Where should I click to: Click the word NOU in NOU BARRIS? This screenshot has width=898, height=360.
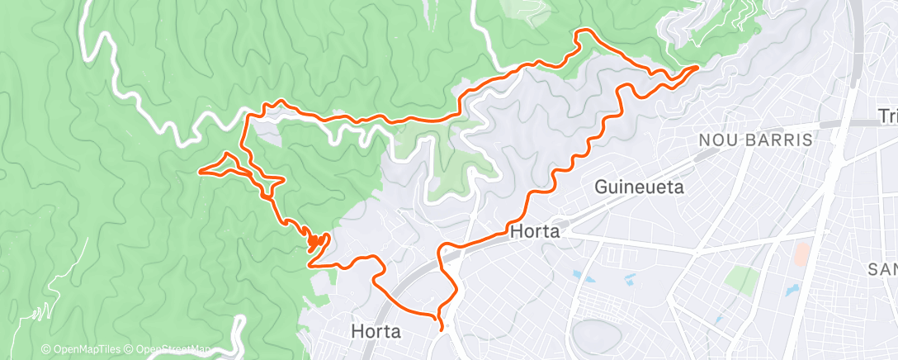point(716,140)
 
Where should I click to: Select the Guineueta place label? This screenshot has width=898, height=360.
point(640,188)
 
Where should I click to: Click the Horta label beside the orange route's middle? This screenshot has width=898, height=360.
point(535,232)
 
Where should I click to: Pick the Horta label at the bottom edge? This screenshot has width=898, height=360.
point(376,332)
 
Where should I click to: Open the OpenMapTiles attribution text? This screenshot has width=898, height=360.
point(86,350)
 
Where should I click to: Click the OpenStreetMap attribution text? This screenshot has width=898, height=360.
point(170,350)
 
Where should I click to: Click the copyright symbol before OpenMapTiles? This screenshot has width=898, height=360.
point(46,350)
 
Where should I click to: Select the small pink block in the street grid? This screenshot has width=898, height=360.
point(800,253)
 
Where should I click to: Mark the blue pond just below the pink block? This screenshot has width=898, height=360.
point(792,291)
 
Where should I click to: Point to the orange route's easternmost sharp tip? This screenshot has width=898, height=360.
point(698,66)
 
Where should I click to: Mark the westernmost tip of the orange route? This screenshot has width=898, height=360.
point(201,171)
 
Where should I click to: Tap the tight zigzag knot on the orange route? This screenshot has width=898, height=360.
point(314,242)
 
